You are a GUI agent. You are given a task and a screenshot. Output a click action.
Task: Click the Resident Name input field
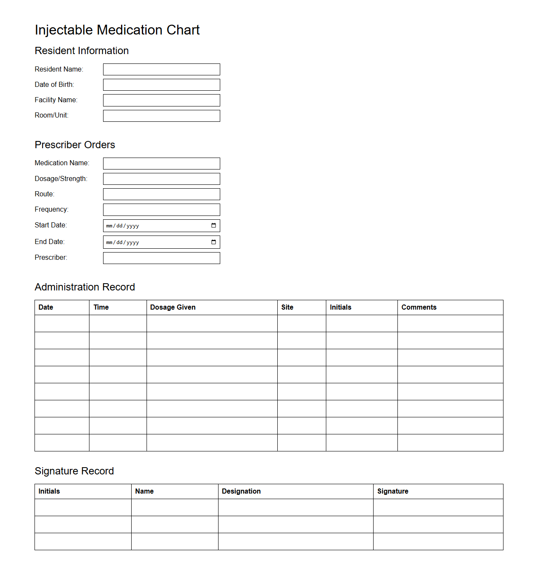coord(161,69)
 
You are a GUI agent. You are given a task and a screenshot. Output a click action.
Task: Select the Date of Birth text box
coord(161,85)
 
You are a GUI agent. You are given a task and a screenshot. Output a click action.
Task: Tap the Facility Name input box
coord(161,100)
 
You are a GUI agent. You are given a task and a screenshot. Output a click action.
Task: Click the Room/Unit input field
coord(161,116)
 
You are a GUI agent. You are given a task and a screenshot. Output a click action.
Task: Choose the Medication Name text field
coord(161,164)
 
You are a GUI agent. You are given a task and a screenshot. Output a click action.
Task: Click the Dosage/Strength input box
coord(161,179)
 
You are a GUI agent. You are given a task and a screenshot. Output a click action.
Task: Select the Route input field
coord(161,194)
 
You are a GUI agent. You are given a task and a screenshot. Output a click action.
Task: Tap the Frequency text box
coord(161,210)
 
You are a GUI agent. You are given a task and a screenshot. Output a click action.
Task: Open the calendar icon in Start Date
coord(213,225)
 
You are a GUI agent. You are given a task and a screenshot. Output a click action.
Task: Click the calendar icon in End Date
coord(213,242)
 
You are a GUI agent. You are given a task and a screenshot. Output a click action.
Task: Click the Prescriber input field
coord(161,258)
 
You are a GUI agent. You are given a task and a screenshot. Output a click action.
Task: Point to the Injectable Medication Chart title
coord(117,30)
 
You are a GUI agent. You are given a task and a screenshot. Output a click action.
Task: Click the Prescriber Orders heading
coord(75,145)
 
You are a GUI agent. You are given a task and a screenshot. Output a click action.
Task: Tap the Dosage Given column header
coord(173,307)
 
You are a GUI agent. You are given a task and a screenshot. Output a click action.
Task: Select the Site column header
coord(287,307)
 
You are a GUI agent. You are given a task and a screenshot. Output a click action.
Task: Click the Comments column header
coord(419,307)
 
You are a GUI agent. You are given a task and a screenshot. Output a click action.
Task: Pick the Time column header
coord(101,307)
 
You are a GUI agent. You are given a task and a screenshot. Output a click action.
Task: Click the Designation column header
coord(241,491)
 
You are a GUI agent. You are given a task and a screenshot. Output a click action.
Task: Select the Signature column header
coord(392,491)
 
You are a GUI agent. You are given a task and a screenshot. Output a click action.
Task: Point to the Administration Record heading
coord(85,287)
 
